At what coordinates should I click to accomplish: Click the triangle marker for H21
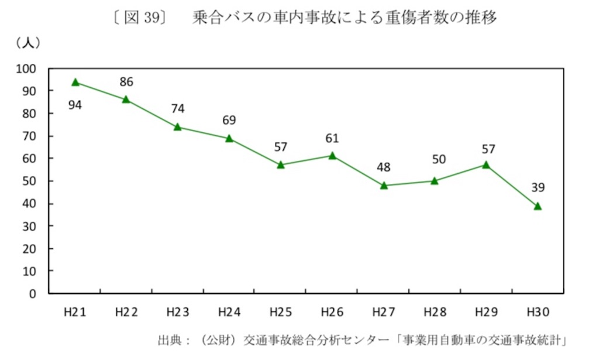coord(75,83)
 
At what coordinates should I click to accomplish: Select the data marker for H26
coord(332,156)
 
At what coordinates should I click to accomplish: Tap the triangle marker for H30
coord(538,206)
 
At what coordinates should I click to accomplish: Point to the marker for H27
coord(384,186)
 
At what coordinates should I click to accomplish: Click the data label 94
coord(75,105)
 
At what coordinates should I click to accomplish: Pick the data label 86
coord(126,81)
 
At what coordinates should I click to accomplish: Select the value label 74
coord(178,108)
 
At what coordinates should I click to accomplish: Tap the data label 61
coord(332,138)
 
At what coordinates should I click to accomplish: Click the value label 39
coord(538,187)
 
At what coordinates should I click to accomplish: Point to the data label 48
coord(384,167)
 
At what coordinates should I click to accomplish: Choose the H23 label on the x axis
coord(178,311)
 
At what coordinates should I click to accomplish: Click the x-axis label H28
coord(435,311)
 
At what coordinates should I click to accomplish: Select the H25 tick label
coord(281,311)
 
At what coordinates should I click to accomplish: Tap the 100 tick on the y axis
coord(30,69)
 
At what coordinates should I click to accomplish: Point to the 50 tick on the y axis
coord(33,181)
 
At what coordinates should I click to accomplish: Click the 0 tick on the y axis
coord(36,294)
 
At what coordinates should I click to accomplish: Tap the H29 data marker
coord(486,165)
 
